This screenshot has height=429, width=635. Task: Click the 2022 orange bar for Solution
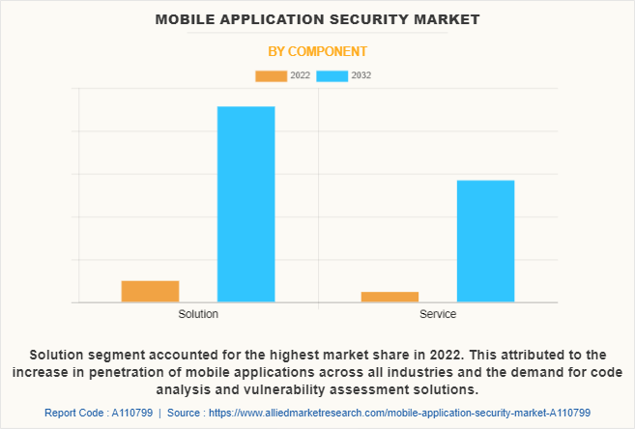(150, 291)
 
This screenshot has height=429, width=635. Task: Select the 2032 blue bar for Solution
(245, 204)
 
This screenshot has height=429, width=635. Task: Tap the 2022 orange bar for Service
(390, 297)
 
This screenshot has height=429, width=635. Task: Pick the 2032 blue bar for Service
(485, 242)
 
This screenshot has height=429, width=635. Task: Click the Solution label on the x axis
(198, 315)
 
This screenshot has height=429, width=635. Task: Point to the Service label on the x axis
(438, 315)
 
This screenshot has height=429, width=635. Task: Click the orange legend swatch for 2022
(271, 75)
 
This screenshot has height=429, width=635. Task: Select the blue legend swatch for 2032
(332, 75)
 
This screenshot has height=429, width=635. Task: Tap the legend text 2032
(361, 75)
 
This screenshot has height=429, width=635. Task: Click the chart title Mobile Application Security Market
(317, 19)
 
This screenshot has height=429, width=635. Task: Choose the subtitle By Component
(317, 50)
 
